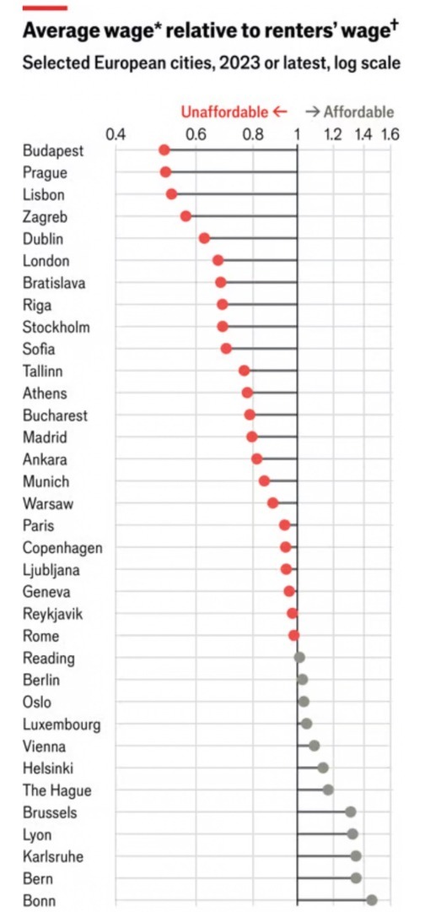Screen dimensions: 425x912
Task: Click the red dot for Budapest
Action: click(x=164, y=150)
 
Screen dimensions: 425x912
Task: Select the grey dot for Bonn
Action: click(x=372, y=900)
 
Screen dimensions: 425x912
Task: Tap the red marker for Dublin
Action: click(x=204, y=238)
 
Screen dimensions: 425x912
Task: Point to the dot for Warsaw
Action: click(x=273, y=502)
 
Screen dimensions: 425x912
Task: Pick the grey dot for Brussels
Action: click(x=350, y=812)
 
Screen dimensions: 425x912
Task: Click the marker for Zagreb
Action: click(x=186, y=216)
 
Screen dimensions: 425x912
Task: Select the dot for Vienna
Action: click(x=314, y=746)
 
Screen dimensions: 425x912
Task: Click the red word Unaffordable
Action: click(x=224, y=111)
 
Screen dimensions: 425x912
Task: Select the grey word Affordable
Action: click(x=358, y=111)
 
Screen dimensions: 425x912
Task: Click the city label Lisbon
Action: click(x=44, y=195)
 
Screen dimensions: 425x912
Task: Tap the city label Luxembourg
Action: click(x=62, y=725)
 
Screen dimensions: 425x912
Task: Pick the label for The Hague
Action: click(x=56, y=790)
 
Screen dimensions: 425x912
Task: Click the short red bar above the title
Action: click(x=45, y=8)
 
